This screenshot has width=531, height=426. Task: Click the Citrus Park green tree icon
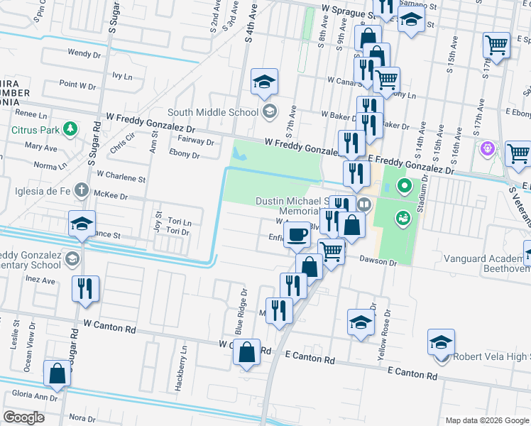click(x=70, y=129)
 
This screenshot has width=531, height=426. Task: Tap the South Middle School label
click(x=213, y=112)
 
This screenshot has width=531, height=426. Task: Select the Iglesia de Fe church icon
click(x=82, y=190)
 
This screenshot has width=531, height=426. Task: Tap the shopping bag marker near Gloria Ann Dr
click(x=57, y=373)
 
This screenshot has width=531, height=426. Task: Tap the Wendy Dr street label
click(x=84, y=53)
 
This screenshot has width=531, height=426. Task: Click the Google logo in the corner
click(x=23, y=417)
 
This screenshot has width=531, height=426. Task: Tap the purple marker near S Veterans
click(x=487, y=150)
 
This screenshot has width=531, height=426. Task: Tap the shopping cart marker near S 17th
click(x=497, y=45)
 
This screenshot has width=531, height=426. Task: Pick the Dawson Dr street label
click(x=377, y=262)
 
